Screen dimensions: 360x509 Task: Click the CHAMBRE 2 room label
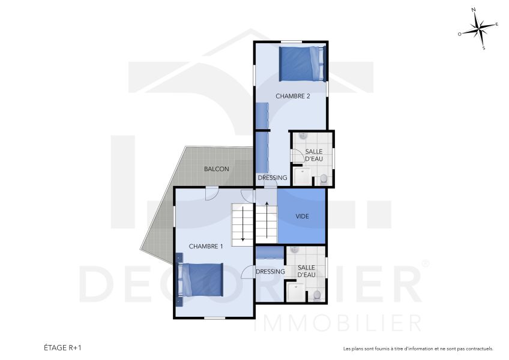(x=292, y=96)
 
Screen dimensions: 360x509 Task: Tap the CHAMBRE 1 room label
(x=206, y=246)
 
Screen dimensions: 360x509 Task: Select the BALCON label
(x=216, y=169)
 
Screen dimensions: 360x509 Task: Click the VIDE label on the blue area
(x=303, y=216)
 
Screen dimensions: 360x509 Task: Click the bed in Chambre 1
(x=201, y=280)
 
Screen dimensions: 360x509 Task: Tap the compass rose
(x=479, y=29)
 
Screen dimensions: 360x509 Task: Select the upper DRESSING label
(x=273, y=178)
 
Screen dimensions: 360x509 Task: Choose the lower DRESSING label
(x=270, y=272)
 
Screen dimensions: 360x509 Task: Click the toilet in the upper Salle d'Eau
(x=324, y=178)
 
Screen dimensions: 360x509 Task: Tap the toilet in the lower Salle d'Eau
(x=317, y=295)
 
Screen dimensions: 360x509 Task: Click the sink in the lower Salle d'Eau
(x=294, y=250)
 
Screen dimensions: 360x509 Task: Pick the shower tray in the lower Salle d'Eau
(x=295, y=292)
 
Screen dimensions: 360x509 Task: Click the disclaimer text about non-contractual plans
(x=418, y=349)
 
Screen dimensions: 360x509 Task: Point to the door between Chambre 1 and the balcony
(x=211, y=193)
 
